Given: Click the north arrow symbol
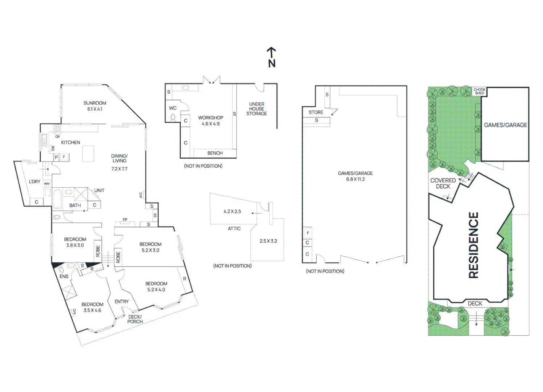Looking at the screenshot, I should (271, 57).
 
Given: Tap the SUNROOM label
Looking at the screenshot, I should (94, 103).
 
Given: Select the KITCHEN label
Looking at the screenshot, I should (71, 142).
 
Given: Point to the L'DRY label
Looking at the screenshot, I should (35, 181).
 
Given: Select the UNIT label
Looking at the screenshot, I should (99, 190).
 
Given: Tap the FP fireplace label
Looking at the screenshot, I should (125, 220).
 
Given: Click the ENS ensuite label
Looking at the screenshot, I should (64, 276).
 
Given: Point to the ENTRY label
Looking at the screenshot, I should (121, 302).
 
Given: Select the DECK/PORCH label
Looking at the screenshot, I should (135, 319).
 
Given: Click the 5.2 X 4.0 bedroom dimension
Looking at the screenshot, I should (156, 290).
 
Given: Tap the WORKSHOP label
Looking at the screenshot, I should (210, 118).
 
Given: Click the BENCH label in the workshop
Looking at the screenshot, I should (215, 153).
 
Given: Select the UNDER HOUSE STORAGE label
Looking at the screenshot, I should (257, 109).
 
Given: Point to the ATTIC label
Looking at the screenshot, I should (234, 228).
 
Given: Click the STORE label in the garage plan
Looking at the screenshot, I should (315, 112).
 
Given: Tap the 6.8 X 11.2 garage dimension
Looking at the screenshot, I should (355, 179).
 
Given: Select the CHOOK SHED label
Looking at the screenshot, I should (479, 91).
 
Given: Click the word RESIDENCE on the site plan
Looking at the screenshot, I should (474, 245).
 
